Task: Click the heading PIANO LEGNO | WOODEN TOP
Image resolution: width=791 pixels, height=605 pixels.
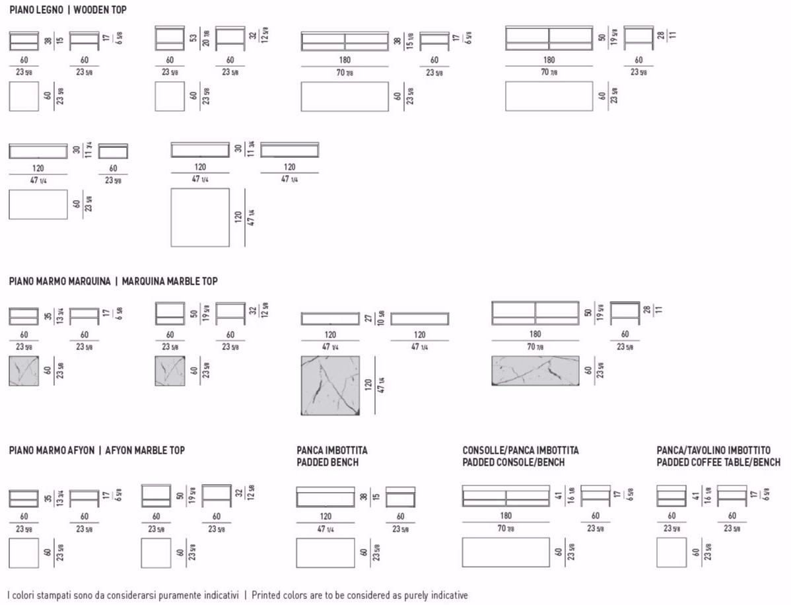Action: [68, 10]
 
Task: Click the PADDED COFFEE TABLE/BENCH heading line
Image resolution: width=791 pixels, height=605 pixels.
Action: [718, 462]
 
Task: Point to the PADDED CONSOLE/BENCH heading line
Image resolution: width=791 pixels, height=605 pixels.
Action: [513, 462]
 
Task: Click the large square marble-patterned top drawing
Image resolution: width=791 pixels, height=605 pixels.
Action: [330, 386]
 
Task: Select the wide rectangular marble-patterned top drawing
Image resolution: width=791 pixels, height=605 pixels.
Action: [535, 371]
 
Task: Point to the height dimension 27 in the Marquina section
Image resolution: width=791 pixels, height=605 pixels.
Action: [368, 318]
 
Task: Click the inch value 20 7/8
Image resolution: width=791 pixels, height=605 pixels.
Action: [207, 38]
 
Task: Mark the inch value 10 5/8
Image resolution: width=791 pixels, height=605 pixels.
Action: [381, 318]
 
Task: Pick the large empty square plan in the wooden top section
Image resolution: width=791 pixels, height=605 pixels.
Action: [200, 217]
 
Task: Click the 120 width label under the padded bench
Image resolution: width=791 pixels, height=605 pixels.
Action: [326, 516]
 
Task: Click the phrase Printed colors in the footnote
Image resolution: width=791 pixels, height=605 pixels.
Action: [278, 595]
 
